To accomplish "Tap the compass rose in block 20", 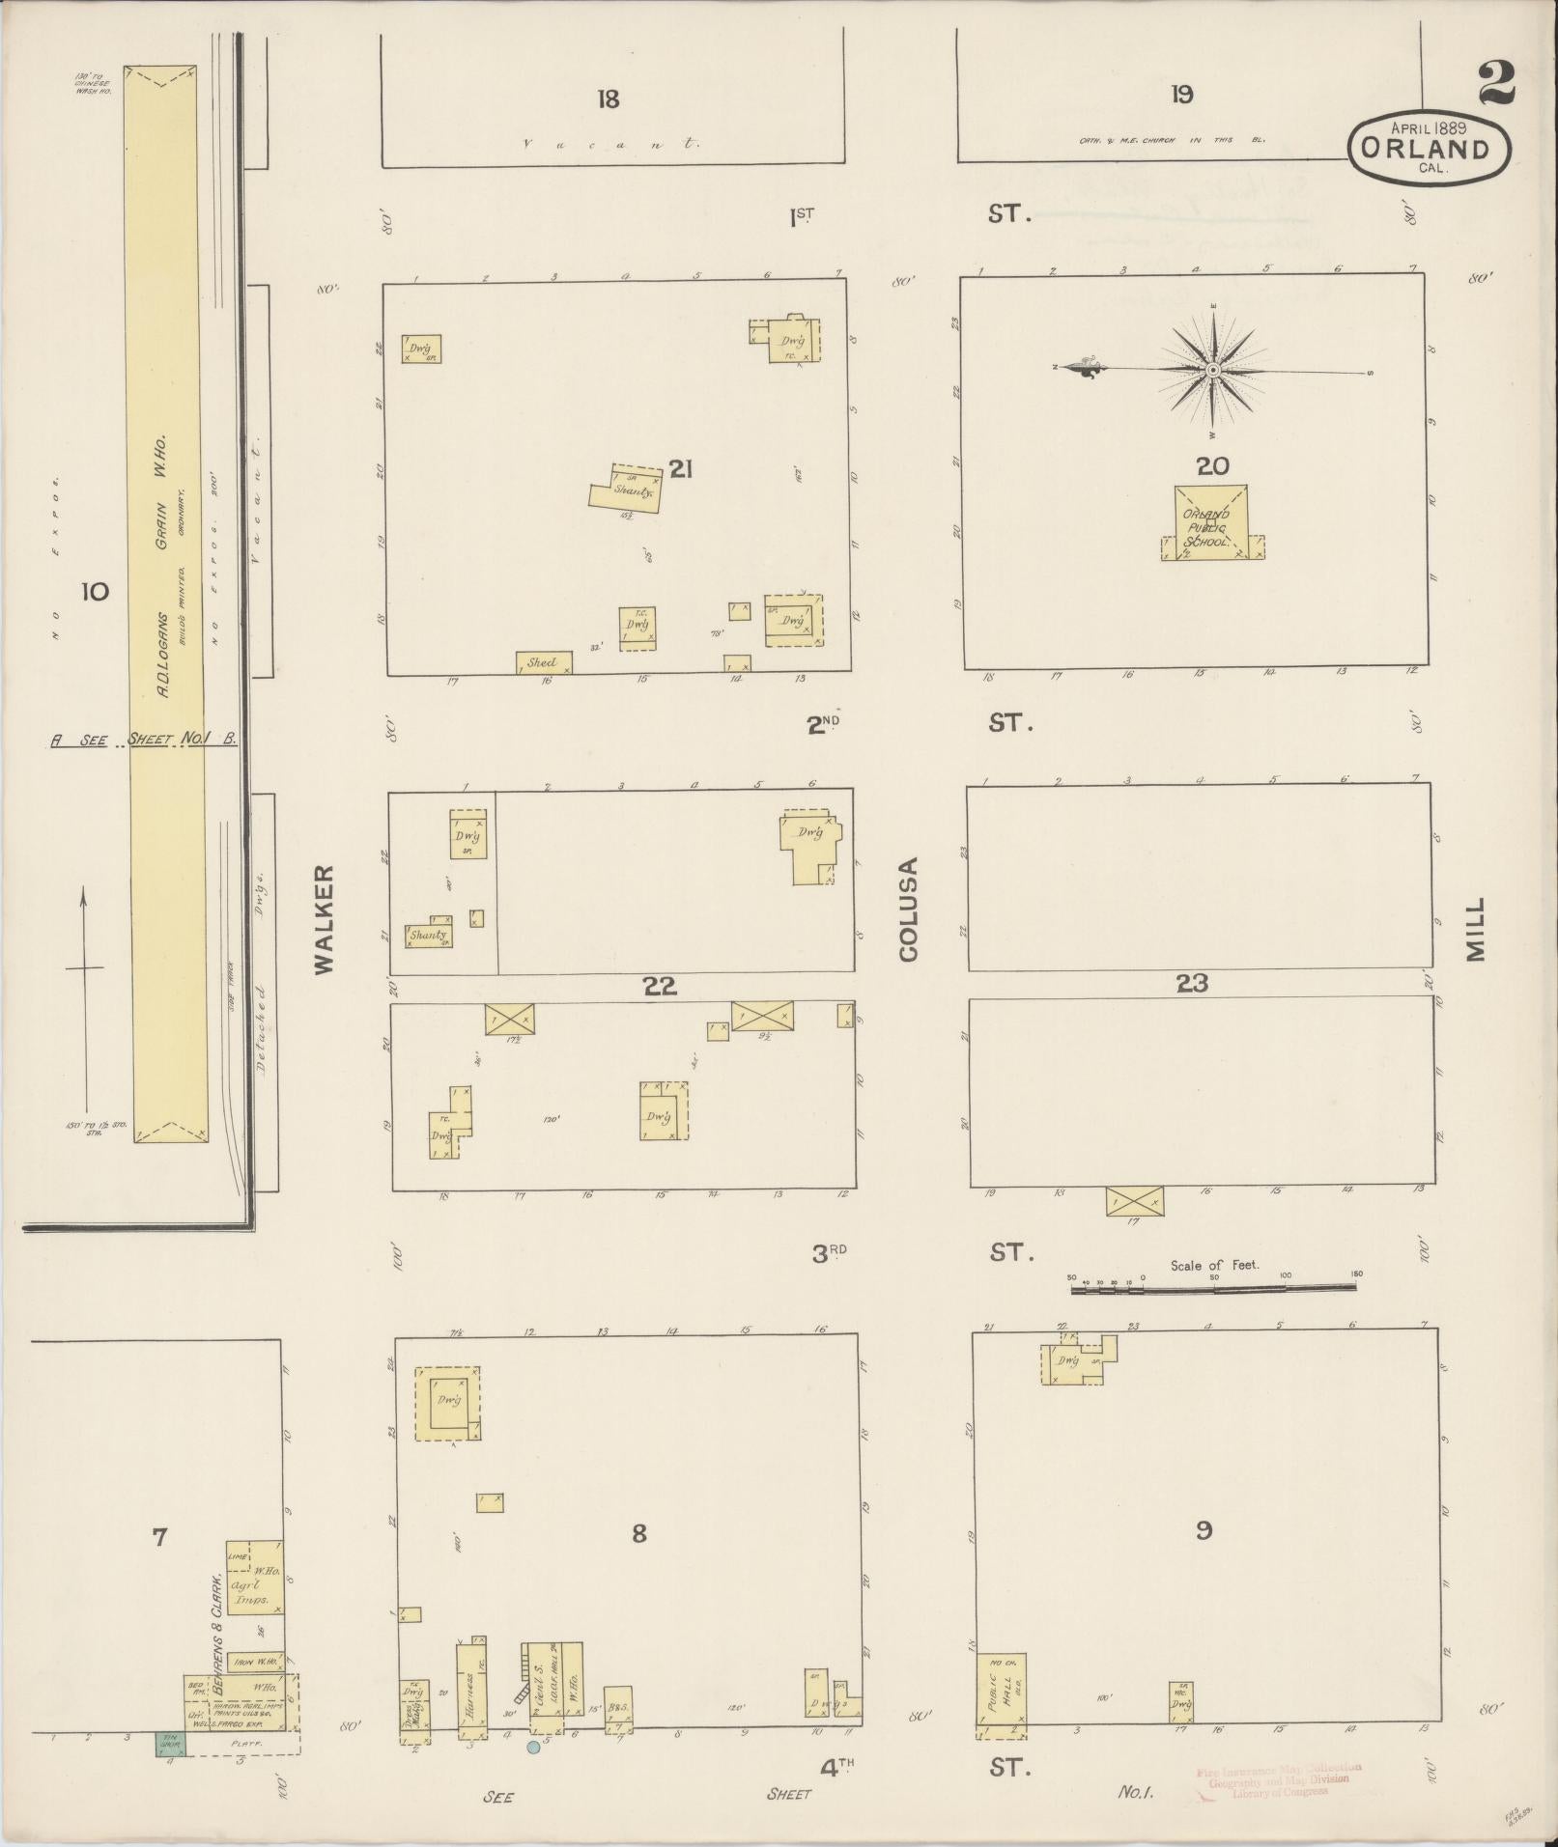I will (1213, 370).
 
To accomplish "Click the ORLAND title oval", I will (1429, 149).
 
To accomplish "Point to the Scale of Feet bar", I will (1214, 1287).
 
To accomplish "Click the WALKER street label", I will (324, 918).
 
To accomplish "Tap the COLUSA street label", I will (909, 910).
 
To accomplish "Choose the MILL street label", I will (1474, 930).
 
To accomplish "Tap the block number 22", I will (661, 987).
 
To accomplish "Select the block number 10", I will (95, 591).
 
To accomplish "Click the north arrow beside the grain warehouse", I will (85, 999).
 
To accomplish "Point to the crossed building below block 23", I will (1135, 1200).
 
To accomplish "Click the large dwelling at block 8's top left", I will (448, 1400).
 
